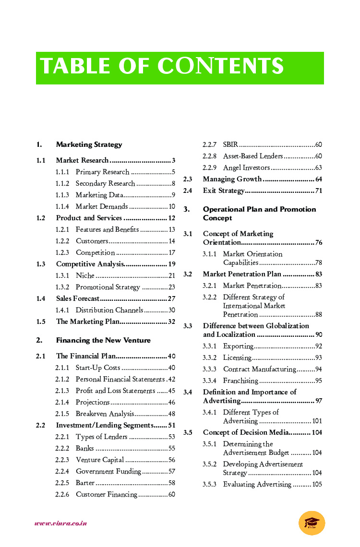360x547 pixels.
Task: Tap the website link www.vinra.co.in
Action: pyautogui.click(x=60, y=523)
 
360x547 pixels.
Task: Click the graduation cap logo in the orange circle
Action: pyautogui.click(x=312, y=523)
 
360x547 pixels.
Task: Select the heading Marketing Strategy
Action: pyautogui.click(x=89, y=144)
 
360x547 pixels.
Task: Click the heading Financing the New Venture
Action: pyautogui.click(x=103, y=340)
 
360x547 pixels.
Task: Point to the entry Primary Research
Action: pyautogui.click(x=102, y=172)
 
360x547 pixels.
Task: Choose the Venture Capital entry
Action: pyautogui.click(x=100, y=460)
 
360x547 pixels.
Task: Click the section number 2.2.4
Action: pyautogui.click(x=62, y=471)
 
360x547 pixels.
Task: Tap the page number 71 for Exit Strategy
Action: pyautogui.click(x=319, y=191)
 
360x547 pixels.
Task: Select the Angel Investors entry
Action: pyautogui.click(x=246, y=168)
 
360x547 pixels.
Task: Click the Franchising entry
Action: pyautogui.click(x=240, y=381)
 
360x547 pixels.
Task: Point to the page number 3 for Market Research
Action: pyautogui.click(x=173, y=160)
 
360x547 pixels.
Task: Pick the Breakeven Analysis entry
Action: pyautogui.click(x=105, y=414)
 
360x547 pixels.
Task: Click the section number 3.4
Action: pyautogui.click(x=188, y=392)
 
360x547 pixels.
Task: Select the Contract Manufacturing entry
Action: pyautogui.click(x=259, y=369)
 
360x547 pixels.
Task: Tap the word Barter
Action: pyautogui.click(x=85, y=483)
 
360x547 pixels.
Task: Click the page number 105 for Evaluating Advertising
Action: pyautogui.click(x=317, y=485)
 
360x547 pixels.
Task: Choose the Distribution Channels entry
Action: pyautogui.click(x=109, y=310)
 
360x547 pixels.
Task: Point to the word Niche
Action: pyautogui.click(x=85, y=275)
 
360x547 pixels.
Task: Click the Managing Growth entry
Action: pyautogui.click(x=232, y=179)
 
